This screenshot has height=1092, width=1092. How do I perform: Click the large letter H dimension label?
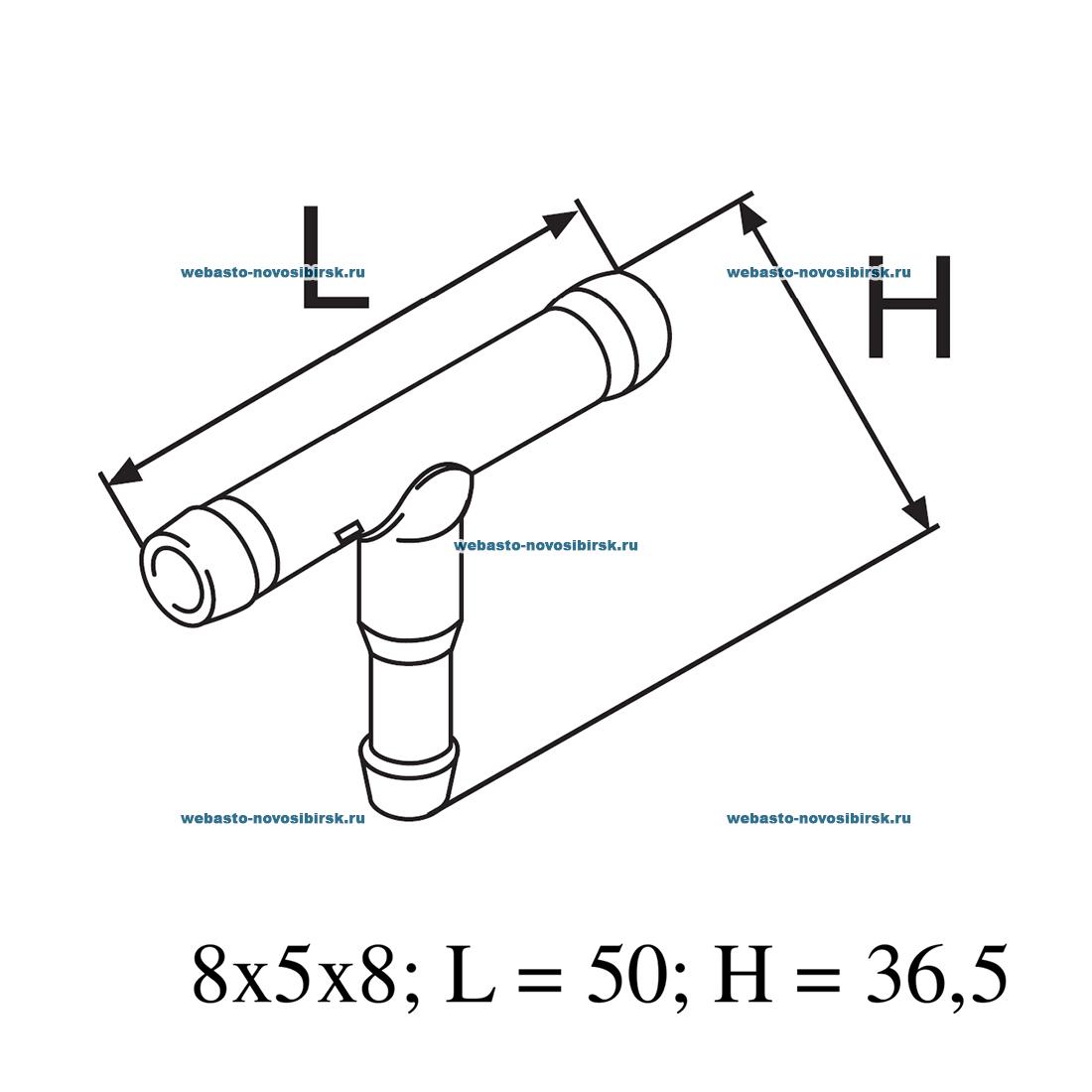[x=909, y=307]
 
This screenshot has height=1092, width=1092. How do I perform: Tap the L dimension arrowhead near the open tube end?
[x=126, y=471]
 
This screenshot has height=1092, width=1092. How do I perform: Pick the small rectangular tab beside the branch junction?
[x=348, y=532]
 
